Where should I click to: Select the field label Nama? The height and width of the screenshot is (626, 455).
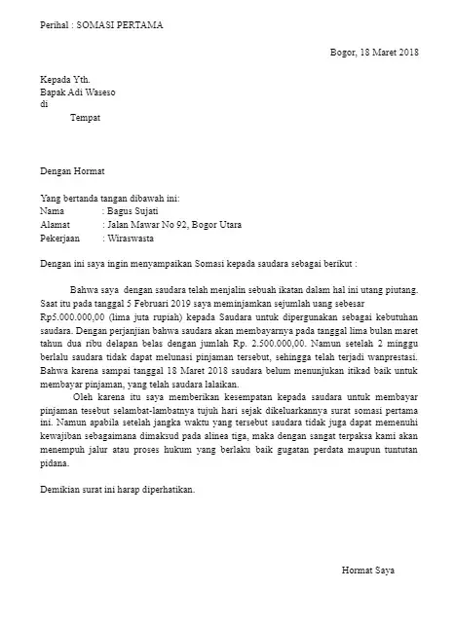pos(52,210)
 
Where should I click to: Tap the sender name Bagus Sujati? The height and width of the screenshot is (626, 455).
pos(133,210)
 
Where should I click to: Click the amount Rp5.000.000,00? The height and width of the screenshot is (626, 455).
pos(73,316)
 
